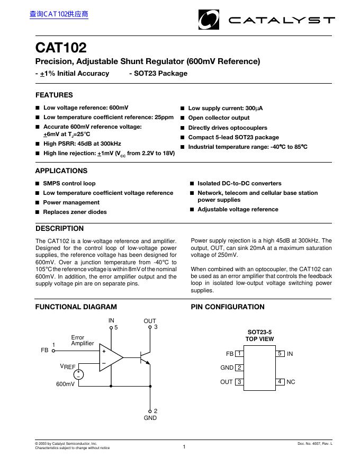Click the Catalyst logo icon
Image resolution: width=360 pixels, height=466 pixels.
click(x=208, y=20)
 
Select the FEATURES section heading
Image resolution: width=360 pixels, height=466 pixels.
click(x=54, y=95)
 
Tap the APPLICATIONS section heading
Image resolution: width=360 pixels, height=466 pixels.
click(x=61, y=171)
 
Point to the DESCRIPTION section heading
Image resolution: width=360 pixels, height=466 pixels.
click(x=59, y=229)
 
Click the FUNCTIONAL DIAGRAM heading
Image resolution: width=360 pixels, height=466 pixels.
click(x=76, y=307)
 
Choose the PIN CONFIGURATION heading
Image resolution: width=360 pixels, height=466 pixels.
click(x=228, y=307)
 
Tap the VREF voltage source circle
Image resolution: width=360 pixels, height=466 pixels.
click(x=78, y=374)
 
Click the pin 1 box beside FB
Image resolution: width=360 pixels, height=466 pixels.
click(x=239, y=354)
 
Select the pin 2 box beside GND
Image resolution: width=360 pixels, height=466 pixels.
click(x=239, y=368)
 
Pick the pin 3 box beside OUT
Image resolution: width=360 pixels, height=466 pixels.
click(x=239, y=382)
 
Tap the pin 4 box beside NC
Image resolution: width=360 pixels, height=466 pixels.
click(x=280, y=382)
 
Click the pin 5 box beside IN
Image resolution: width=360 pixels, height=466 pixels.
click(x=280, y=354)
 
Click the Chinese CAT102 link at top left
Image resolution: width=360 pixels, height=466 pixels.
click(x=59, y=14)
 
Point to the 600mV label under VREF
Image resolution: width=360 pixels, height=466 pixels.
click(x=66, y=384)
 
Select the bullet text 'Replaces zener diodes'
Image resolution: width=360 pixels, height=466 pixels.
click(x=75, y=212)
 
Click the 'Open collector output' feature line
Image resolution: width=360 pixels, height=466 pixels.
click(x=219, y=118)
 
